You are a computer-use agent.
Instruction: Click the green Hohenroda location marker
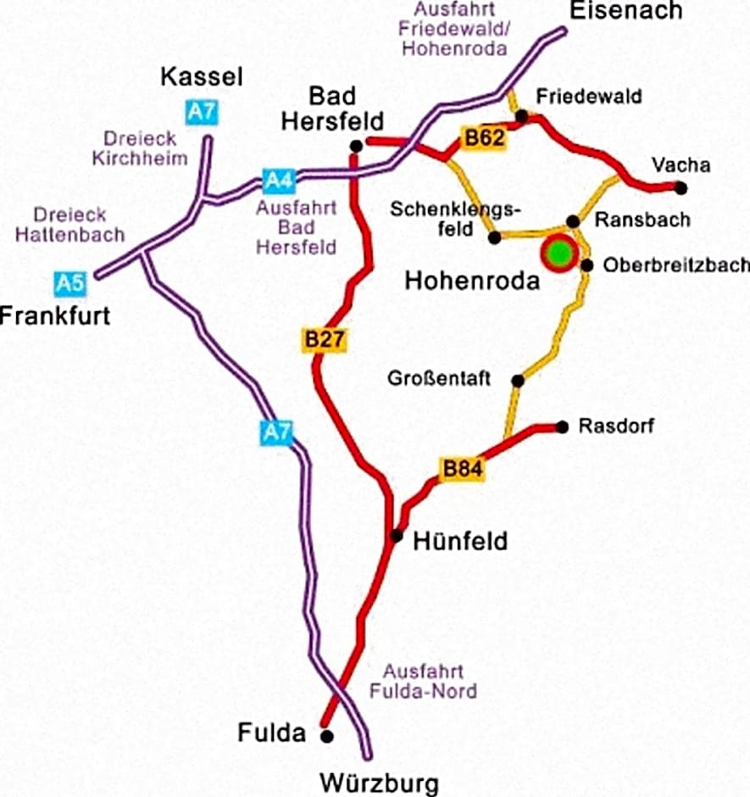click(558, 253)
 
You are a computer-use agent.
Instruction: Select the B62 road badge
click(482, 137)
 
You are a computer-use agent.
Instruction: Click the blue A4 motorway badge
click(279, 180)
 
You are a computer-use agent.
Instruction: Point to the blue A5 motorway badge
click(70, 283)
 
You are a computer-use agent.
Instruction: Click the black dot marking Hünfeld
click(396, 536)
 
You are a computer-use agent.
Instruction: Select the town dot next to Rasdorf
click(561, 426)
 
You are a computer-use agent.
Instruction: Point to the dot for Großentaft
click(518, 381)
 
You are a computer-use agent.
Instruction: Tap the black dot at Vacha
click(681, 187)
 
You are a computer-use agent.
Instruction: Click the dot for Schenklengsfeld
click(495, 238)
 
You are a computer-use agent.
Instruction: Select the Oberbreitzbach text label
click(675, 265)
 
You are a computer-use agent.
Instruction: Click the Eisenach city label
click(626, 11)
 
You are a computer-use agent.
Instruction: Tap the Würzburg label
click(379, 780)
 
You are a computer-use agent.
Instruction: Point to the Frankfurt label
click(56, 316)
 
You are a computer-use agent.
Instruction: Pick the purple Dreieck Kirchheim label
click(144, 148)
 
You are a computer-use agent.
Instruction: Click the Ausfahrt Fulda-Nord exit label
click(423, 679)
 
